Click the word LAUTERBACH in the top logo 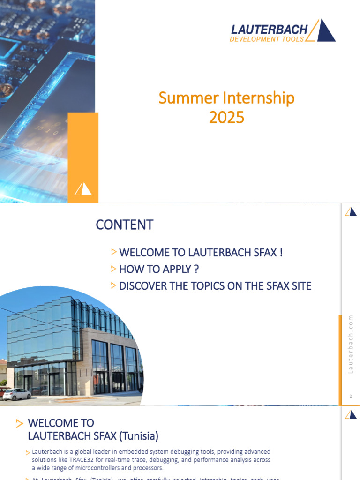269,30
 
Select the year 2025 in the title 226,117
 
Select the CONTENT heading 124,225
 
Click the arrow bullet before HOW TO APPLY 113,269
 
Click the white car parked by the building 16,394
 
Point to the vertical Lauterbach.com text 350,345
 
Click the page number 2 350,397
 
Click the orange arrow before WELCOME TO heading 19,424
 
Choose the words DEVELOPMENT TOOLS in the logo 267,39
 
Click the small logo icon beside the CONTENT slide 351,212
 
